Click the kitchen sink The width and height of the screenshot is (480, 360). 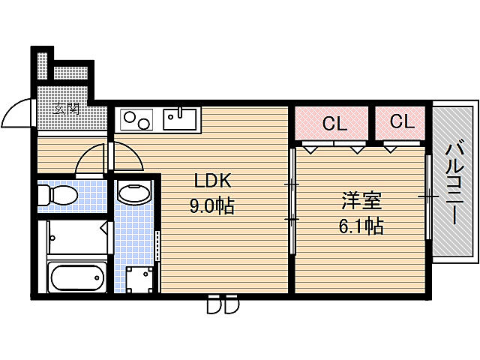(x=180, y=117)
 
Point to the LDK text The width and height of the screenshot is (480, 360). (x=213, y=181)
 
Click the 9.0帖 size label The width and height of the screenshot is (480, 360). (x=213, y=205)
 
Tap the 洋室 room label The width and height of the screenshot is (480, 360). (x=363, y=200)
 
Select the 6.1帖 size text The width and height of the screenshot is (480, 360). (x=363, y=225)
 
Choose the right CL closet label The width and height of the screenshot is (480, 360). (x=402, y=122)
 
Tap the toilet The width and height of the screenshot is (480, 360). (x=58, y=196)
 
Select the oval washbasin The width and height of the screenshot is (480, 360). (x=135, y=194)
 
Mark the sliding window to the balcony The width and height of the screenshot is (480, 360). (x=428, y=196)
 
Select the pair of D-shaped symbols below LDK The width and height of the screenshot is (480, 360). (x=223, y=306)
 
